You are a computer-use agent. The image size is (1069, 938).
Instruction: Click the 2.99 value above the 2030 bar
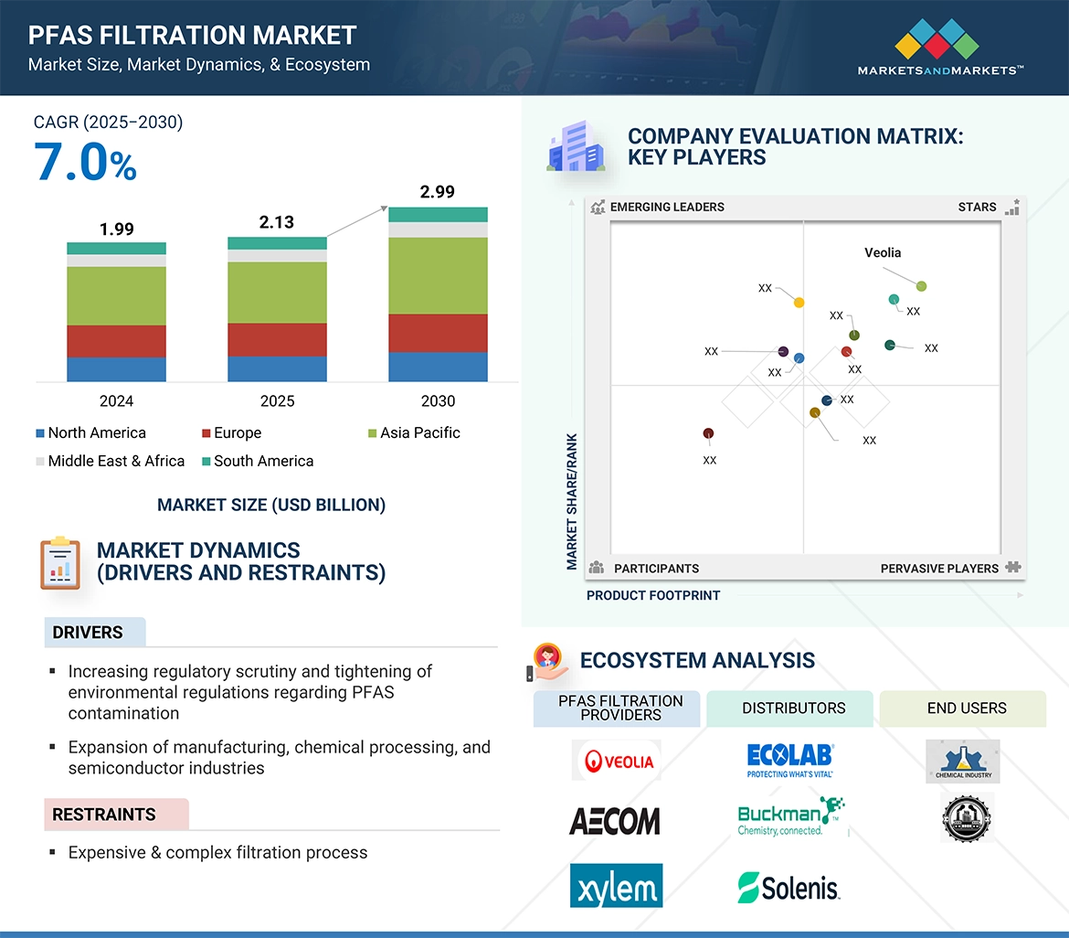coord(437,192)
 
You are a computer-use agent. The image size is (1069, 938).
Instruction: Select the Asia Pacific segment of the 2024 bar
coord(116,295)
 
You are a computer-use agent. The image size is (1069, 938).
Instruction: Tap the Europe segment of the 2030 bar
coord(438,333)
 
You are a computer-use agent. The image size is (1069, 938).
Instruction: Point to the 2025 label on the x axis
coord(277,401)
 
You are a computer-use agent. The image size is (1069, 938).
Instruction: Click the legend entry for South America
coord(263,461)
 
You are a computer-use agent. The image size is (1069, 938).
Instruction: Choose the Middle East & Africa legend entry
coord(116,461)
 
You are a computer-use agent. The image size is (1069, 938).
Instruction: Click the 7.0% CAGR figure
coord(86,162)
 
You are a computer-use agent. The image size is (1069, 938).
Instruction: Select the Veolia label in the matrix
coord(883,252)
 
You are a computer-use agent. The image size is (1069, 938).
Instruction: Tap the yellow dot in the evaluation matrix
coord(799,302)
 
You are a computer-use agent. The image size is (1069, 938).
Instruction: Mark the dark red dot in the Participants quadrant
coord(708,433)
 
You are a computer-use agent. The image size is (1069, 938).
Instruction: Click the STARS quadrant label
coord(977,207)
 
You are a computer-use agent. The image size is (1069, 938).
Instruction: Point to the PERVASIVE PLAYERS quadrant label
coord(939,569)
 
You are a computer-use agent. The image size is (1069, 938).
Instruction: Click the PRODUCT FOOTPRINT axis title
coord(653,595)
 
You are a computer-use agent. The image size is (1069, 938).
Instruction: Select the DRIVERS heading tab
coord(88,633)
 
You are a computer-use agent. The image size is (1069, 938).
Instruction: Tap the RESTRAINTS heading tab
coord(104,815)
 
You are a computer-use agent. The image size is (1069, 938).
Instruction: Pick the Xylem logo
coord(616,885)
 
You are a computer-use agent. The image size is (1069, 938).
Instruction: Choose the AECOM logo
coord(615,820)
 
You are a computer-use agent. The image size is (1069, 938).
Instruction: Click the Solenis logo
coord(789,887)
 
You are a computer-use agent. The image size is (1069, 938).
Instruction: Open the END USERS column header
coord(966,708)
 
